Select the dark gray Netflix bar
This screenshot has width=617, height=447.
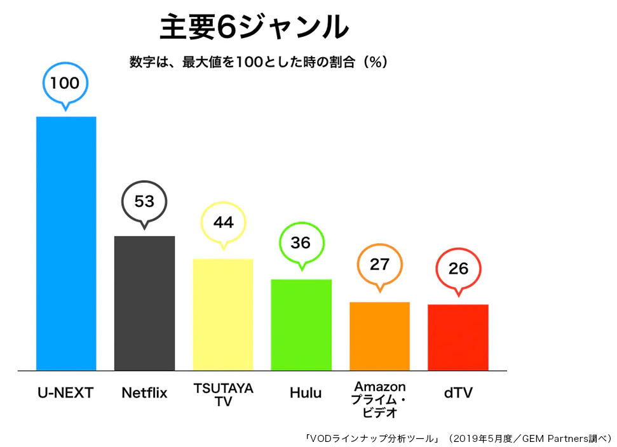(144, 303)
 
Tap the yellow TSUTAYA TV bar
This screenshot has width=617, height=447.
(223, 314)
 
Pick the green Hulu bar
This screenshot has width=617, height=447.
(301, 324)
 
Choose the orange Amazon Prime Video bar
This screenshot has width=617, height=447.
(379, 336)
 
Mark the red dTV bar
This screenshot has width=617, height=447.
(458, 337)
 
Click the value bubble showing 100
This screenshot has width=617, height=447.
(65, 83)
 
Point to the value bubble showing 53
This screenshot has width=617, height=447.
(144, 201)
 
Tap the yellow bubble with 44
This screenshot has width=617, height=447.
(223, 223)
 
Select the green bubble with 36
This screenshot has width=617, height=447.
(302, 243)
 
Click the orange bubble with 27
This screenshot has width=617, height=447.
(379, 265)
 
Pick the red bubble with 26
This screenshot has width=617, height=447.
(458, 269)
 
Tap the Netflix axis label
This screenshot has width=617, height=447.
(144, 393)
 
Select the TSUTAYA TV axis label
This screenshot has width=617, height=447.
(223, 394)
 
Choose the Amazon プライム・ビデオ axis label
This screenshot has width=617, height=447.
(380, 399)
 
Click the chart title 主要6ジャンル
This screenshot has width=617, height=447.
(254, 29)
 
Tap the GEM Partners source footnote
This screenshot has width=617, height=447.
(458, 438)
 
